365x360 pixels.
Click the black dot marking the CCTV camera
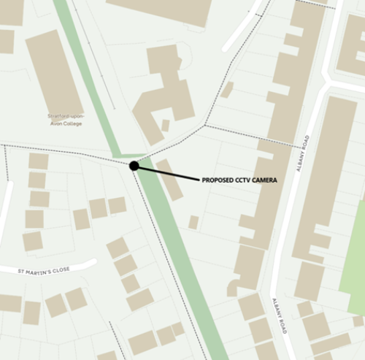click(134, 166)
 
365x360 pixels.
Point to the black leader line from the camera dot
click(168, 173)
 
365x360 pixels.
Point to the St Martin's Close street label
click(45, 270)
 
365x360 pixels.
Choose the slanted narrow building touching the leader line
click(169, 180)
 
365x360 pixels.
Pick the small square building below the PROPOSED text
click(193, 221)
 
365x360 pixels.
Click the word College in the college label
click(72, 123)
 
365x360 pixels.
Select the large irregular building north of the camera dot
click(164, 91)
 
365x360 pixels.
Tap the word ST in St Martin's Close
click(22, 271)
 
